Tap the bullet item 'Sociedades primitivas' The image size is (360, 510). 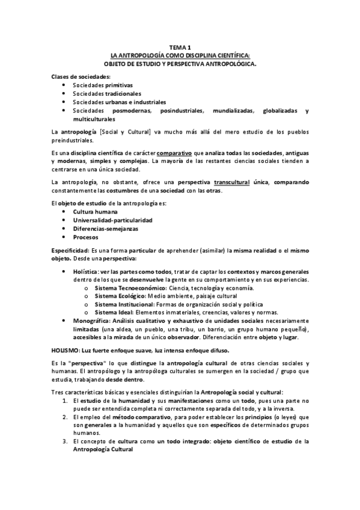[103, 85]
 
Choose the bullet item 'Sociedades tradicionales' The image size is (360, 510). [107, 94]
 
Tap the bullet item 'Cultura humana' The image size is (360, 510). [96, 212]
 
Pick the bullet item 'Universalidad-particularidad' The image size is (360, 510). [112, 221]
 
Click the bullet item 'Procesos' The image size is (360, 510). [87, 238]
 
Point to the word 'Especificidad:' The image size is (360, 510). [69, 250]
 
